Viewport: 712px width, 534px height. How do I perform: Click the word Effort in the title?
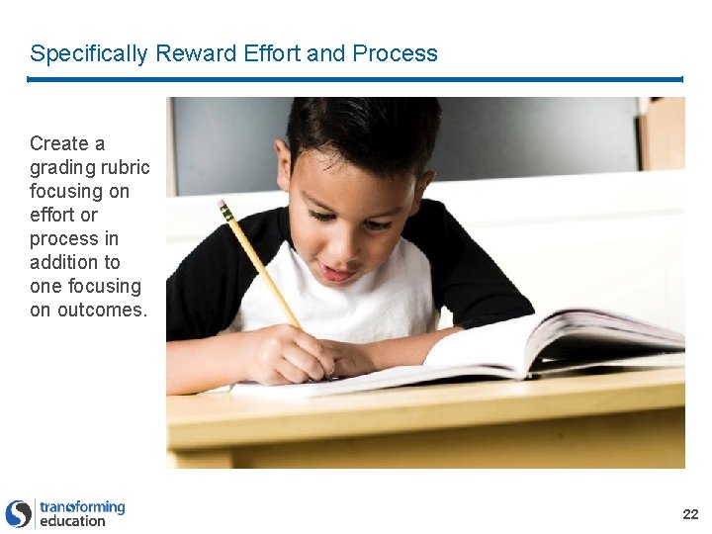click(268, 53)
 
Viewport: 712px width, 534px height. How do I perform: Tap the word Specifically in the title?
click(89, 53)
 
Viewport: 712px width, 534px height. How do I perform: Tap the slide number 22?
click(690, 514)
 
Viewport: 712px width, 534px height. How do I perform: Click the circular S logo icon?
click(18, 513)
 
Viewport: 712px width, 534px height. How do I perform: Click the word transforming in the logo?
click(82, 506)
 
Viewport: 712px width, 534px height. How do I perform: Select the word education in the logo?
click(72, 521)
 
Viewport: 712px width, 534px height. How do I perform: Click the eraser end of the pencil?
click(224, 209)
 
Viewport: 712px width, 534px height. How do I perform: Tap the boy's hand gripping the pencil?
click(297, 353)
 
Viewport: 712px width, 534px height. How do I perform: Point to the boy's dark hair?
click(366, 129)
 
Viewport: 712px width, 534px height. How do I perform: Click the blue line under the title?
click(356, 79)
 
